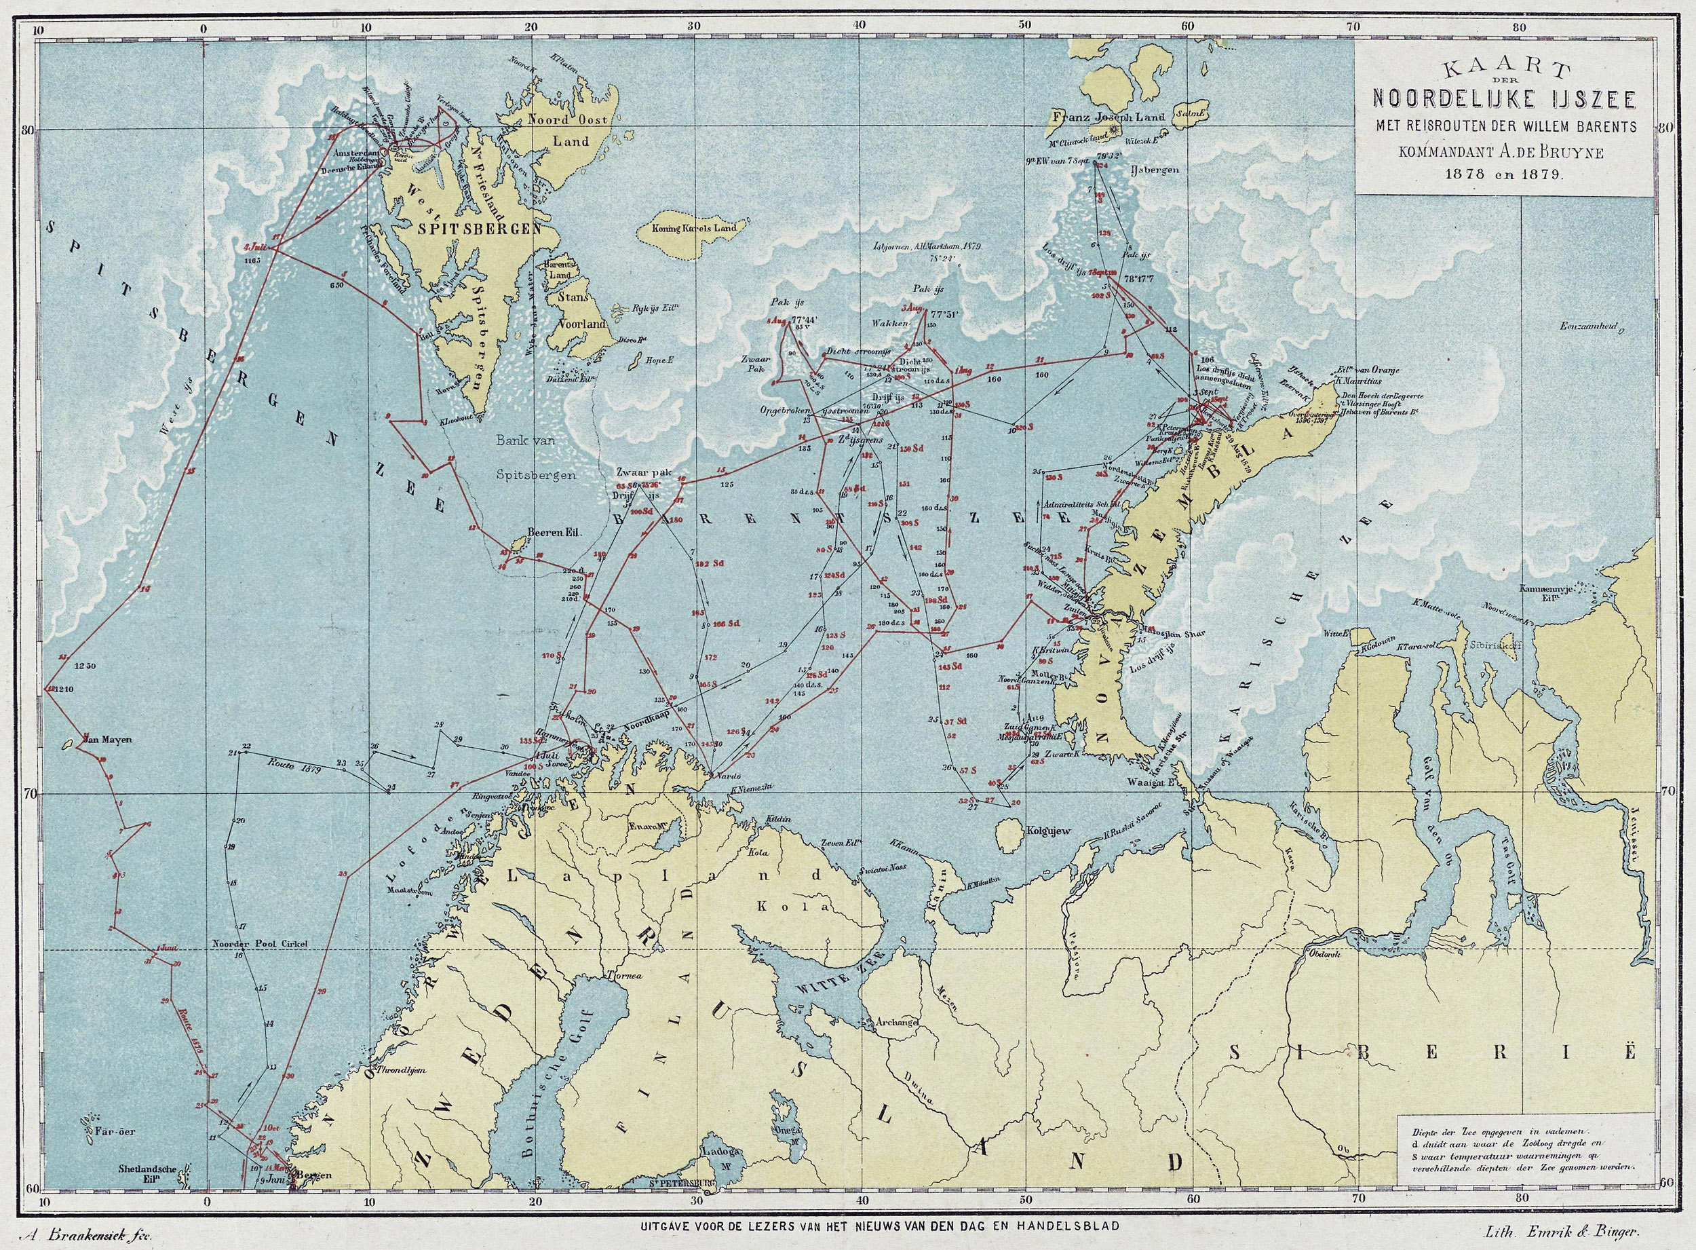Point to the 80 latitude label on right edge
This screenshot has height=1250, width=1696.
click(1678, 129)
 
